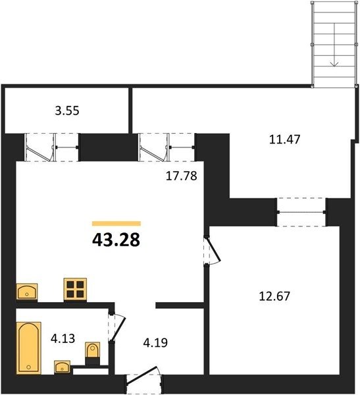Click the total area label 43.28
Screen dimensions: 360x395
point(116,240)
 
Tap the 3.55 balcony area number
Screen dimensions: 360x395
point(67,111)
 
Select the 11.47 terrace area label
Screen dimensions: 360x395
point(285,140)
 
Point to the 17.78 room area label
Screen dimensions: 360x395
point(182,176)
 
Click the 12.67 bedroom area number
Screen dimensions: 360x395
point(274,296)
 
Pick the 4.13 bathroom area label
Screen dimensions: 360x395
point(63,338)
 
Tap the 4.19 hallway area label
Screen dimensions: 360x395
point(155,343)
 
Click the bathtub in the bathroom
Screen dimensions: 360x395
point(29,348)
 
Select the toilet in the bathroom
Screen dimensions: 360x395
point(92,350)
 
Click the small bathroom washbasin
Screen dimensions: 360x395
point(63,367)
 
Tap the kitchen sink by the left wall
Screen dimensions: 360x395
point(27,292)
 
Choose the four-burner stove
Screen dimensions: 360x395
point(75,289)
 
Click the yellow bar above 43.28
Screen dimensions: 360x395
point(116,223)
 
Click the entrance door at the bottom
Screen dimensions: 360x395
point(144,377)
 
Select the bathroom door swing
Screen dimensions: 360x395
point(118,327)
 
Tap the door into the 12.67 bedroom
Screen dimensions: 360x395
point(212,250)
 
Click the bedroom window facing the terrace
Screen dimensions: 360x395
point(301,212)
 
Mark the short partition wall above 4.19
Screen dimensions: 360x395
point(180,305)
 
